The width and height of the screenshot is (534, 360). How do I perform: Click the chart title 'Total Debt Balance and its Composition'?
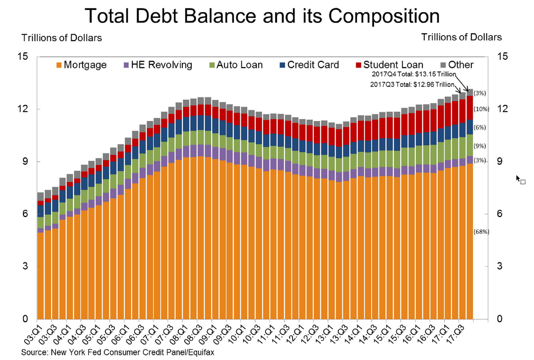coord(262,16)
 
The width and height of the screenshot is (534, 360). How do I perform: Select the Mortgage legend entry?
coord(82,65)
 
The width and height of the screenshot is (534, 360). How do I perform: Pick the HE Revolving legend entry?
coord(158,65)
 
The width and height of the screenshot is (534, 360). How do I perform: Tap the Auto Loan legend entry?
coord(236,65)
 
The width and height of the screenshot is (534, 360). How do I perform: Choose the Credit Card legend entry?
coord(309,65)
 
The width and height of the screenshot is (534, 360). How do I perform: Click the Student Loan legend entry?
coord(389,65)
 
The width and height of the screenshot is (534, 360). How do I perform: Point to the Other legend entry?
coord(457,65)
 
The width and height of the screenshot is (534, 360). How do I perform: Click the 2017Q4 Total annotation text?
coord(414,74)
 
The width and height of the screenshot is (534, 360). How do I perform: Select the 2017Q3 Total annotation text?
coord(412,85)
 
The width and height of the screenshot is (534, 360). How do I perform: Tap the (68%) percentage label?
coord(481,232)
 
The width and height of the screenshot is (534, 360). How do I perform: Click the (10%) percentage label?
coord(481,109)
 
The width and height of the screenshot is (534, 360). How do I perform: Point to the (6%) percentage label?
coord(480,128)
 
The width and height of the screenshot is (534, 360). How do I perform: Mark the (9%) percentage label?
coord(480,146)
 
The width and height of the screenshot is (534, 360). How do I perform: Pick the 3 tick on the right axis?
coord(500,266)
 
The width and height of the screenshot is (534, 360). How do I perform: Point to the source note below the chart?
coord(118,353)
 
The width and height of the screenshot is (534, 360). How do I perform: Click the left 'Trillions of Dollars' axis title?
coord(62,38)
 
